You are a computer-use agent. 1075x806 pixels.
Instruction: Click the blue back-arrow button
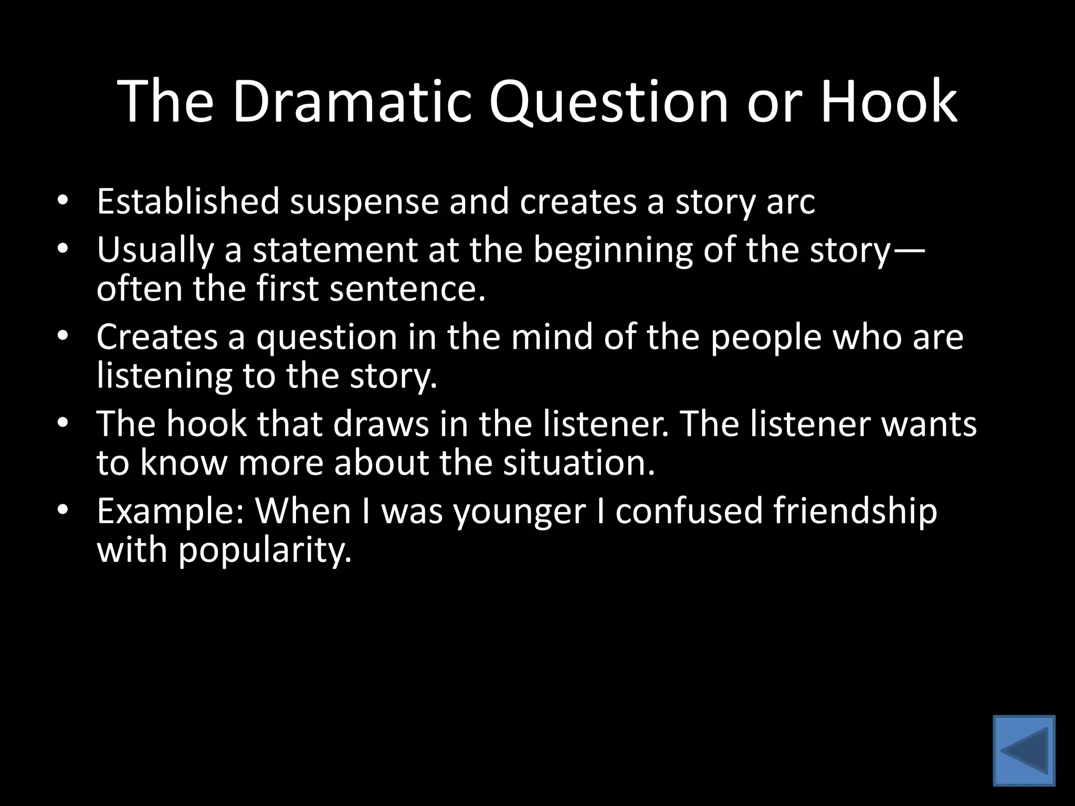1024,750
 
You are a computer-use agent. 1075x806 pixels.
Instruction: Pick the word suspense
364,203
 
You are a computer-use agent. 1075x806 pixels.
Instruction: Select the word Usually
155,251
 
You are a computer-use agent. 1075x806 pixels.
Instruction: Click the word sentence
407,289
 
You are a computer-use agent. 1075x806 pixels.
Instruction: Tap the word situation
579,463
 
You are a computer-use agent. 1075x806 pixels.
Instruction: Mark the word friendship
855,512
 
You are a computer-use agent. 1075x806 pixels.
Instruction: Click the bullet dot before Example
63,510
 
